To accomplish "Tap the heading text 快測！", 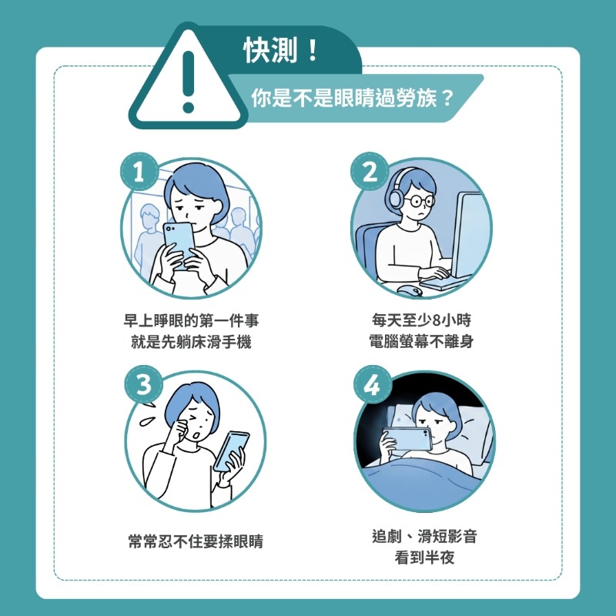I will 279,52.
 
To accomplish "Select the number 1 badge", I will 139,173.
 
